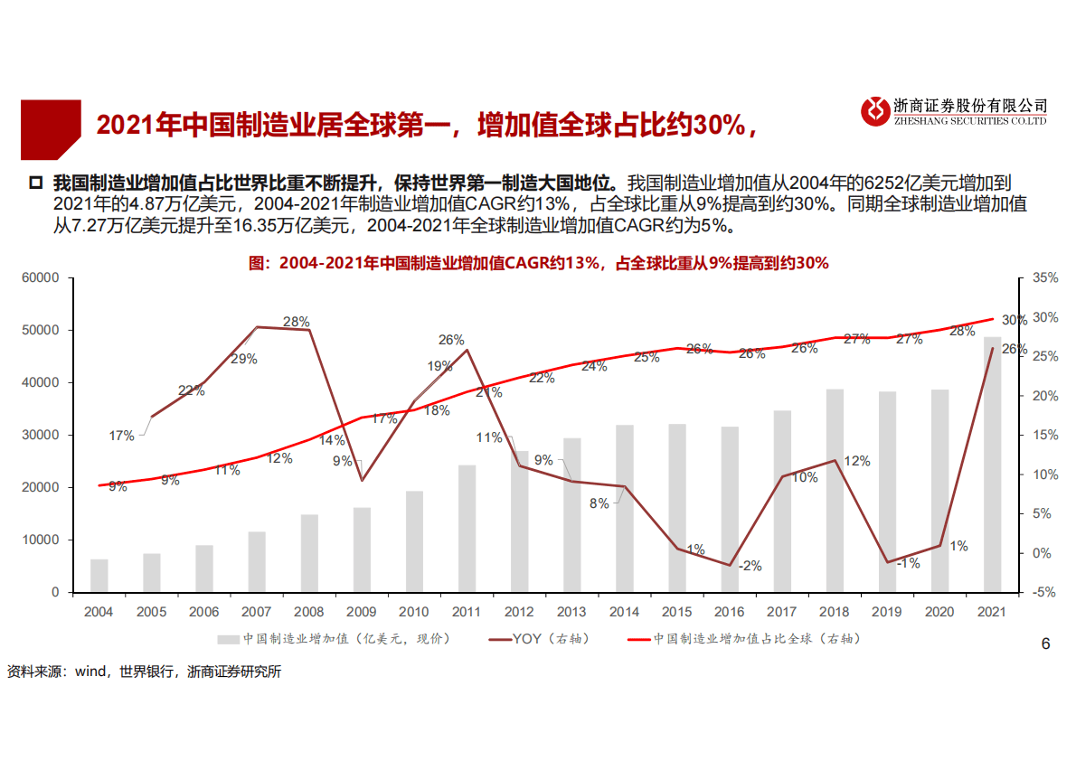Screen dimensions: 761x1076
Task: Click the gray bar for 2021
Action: (993, 465)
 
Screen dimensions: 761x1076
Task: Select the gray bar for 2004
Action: (99, 576)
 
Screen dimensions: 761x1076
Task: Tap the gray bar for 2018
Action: (835, 491)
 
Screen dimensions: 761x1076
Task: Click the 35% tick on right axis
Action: (1044, 278)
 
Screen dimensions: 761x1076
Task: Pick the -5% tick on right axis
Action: (1044, 593)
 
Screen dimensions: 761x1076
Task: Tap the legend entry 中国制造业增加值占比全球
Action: (756, 639)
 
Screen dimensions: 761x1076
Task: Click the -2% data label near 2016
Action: (750, 567)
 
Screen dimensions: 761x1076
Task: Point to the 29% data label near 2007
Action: (244, 359)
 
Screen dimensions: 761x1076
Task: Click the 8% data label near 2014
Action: (599, 504)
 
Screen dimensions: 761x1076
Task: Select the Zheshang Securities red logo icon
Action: (874, 111)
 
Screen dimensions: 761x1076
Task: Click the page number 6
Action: (1045, 644)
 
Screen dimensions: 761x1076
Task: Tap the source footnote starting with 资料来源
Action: (145, 672)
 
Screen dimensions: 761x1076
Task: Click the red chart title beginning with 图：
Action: (538, 263)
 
